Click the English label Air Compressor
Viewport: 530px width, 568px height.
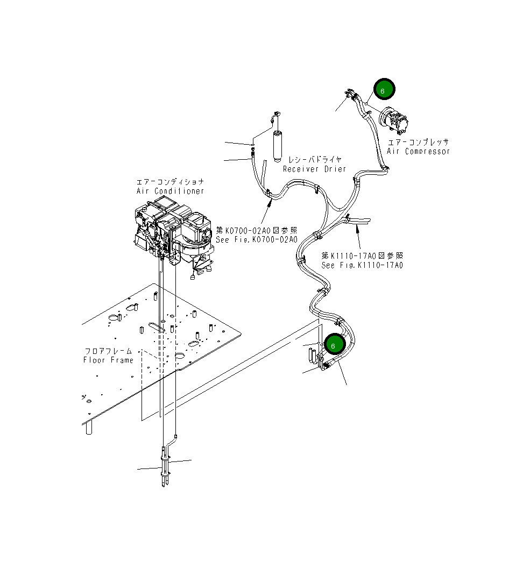[x=418, y=152]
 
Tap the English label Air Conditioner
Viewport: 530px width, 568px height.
[x=170, y=191]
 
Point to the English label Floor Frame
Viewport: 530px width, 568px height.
[x=108, y=360]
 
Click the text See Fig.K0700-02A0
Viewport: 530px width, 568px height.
[x=256, y=239]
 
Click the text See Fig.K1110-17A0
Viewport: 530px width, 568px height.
[x=362, y=265]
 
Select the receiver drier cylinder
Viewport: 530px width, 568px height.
[x=278, y=144]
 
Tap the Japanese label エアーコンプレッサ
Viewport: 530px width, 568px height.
[x=418, y=142]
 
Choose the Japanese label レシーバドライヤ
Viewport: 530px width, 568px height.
[x=315, y=160]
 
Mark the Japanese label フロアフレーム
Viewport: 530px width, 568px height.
[x=108, y=351]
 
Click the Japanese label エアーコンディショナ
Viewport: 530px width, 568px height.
[x=170, y=182]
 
